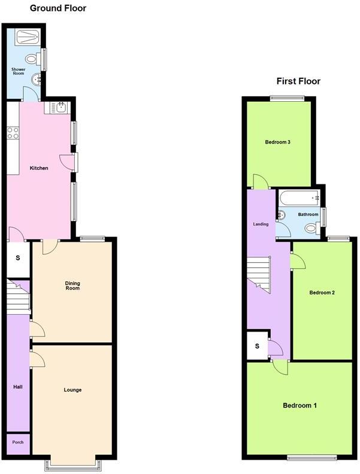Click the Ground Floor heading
click(58, 8)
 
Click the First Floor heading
click(298, 81)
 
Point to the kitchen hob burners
click(12, 133)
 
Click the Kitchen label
click(39, 168)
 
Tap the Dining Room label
click(72, 285)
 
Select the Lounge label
click(72, 390)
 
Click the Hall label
click(18, 387)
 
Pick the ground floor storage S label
click(17, 258)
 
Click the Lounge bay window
click(72, 463)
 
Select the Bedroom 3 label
click(277, 142)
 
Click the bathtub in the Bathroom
click(300, 197)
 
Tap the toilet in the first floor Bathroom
click(310, 228)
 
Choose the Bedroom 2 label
click(321, 293)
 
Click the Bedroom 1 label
click(300, 405)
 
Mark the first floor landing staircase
click(259, 274)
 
